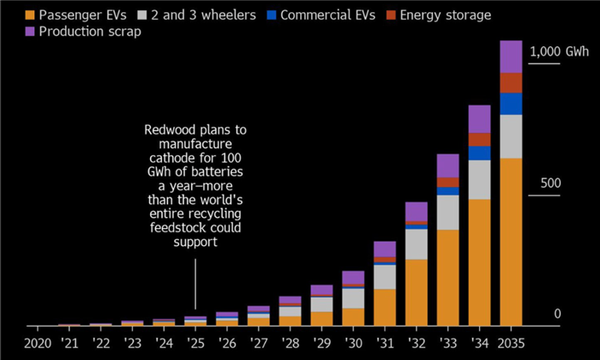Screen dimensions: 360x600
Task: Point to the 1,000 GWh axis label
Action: [x=558, y=51]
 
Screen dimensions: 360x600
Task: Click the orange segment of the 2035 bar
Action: [x=511, y=240]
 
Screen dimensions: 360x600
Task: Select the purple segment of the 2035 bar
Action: [x=511, y=57]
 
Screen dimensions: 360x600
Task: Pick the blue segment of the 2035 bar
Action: [x=511, y=104]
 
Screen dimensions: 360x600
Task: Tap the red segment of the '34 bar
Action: [x=479, y=139]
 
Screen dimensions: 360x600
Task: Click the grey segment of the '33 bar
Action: [x=447, y=213]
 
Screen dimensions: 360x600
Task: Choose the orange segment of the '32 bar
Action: [x=416, y=291]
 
